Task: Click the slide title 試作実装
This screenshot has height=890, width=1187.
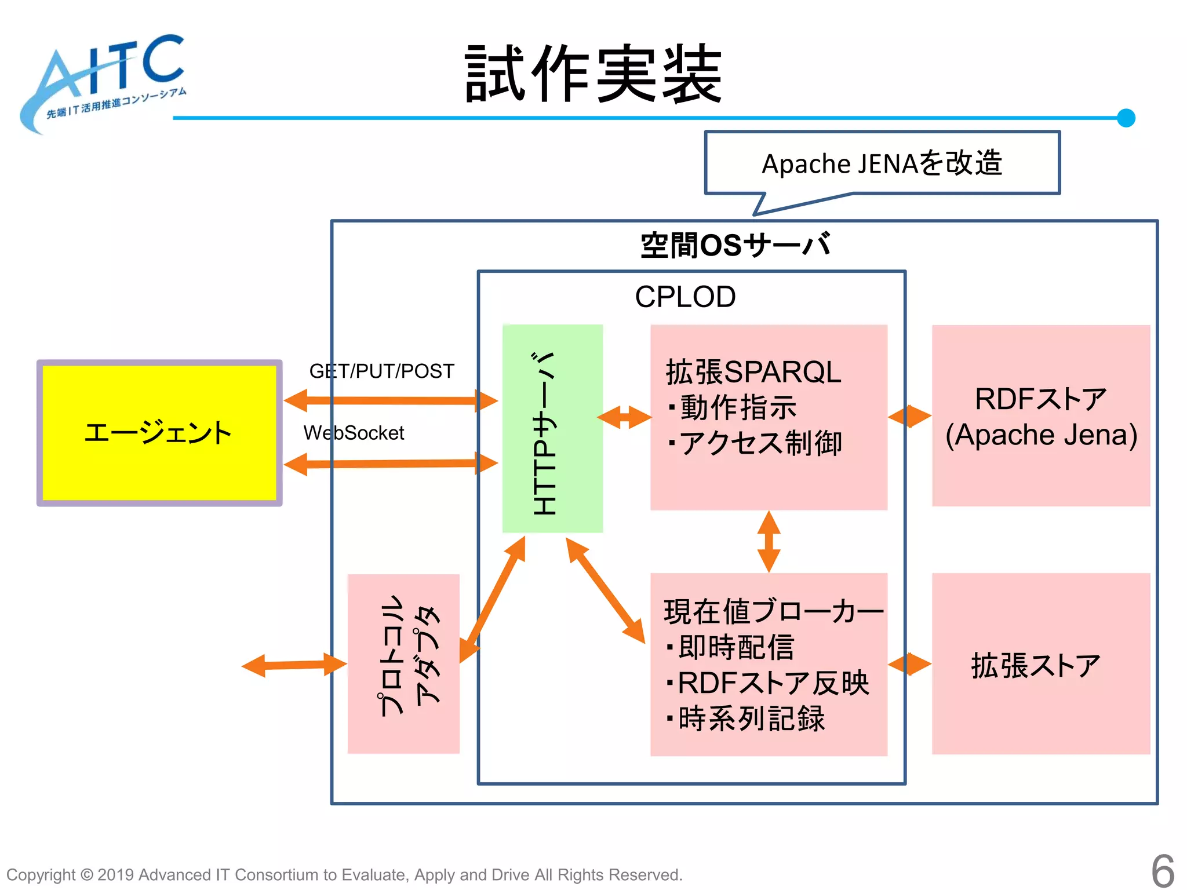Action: click(x=593, y=74)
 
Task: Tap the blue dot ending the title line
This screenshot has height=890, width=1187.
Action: click(x=1126, y=118)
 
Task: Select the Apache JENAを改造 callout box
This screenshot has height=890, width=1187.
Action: click(x=882, y=163)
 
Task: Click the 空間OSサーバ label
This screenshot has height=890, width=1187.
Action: click(x=735, y=245)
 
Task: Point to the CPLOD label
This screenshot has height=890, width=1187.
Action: click(x=685, y=297)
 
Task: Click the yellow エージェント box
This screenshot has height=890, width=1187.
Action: click(x=159, y=433)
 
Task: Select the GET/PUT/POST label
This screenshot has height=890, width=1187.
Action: click(x=381, y=371)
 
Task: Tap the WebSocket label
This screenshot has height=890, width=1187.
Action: click(x=354, y=433)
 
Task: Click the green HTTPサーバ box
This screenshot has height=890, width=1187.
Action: click(x=552, y=429)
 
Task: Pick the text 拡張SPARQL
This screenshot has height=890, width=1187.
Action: click(x=753, y=372)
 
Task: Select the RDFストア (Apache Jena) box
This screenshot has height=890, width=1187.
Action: click(x=1041, y=416)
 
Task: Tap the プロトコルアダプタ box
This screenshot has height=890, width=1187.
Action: click(x=403, y=663)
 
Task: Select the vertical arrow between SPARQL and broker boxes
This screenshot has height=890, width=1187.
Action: click(x=769, y=542)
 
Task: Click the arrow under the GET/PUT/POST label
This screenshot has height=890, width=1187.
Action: click(x=391, y=400)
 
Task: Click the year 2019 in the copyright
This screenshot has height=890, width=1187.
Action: click(x=115, y=874)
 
